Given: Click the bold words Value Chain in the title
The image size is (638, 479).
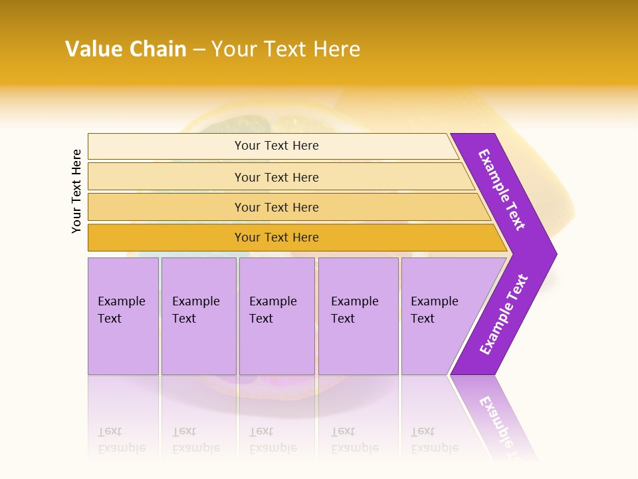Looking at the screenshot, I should coord(126,49).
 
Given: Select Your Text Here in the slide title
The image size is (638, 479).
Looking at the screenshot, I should coord(286,49).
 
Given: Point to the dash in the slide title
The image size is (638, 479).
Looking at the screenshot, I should coord(199,50).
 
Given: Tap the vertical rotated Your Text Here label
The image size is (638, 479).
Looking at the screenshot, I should coord(76,191).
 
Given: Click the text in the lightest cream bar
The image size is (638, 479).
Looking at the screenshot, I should coord(276,146).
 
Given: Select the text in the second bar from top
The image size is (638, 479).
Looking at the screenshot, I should coord(276,178).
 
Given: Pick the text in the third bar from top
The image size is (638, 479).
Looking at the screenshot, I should coord(276,208).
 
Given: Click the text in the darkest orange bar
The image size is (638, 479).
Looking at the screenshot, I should coord(276,238).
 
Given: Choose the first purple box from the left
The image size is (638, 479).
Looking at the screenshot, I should coord(123,315).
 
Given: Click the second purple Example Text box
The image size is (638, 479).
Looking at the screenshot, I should coord(198,315).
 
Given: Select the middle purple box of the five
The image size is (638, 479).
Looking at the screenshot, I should coord(276,315).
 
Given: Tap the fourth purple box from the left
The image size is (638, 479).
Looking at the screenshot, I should coord(358,315).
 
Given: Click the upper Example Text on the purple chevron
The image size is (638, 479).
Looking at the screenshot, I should coord(502,190).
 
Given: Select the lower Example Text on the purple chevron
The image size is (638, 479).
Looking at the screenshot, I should coord(503,315).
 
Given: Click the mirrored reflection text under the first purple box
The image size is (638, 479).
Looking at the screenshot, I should coord(121,440).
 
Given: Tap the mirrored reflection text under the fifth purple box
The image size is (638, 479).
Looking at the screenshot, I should coord(434,440).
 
